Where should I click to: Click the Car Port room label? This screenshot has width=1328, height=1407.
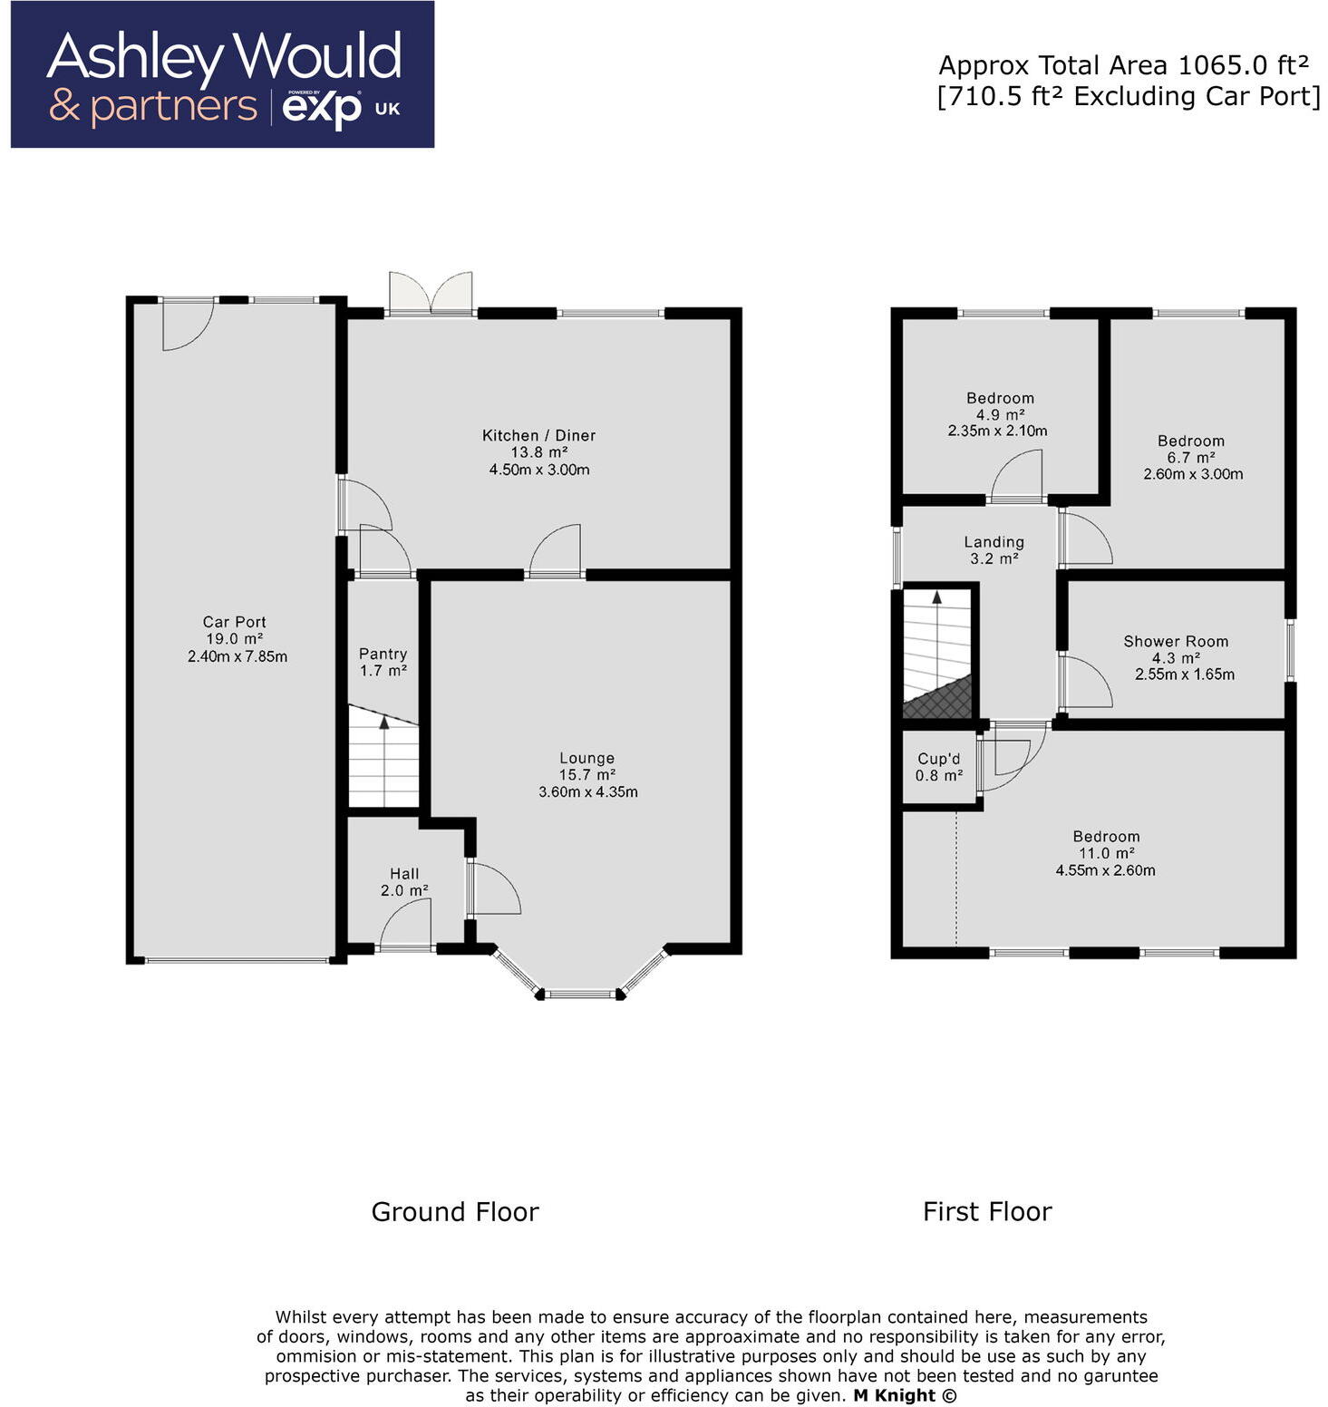[234, 622]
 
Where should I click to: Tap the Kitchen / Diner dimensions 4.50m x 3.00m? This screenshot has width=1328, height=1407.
[539, 470]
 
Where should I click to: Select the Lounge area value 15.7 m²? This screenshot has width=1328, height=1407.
[587, 775]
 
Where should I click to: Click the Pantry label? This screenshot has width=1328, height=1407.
[383, 654]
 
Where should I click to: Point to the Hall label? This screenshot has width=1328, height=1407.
[404, 874]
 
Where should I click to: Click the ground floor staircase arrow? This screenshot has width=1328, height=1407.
[384, 723]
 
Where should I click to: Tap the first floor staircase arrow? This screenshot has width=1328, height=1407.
[937, 597]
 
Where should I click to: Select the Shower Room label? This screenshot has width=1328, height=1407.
[1176, 641]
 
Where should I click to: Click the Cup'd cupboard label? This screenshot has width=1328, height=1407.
[938, 759]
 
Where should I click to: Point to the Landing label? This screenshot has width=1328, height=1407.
[994, 542]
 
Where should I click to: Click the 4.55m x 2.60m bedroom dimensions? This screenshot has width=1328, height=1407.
[1105, 870]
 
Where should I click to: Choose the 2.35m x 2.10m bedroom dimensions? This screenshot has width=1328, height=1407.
[997, 431]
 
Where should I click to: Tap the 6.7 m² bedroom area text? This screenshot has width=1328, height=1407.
[1190, 458]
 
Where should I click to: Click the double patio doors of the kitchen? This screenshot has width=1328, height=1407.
[431, 294]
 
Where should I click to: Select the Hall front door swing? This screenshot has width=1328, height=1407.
[405, 925]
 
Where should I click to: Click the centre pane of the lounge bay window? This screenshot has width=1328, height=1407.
[581, 994]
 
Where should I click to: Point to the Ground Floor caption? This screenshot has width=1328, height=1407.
[455, 1212]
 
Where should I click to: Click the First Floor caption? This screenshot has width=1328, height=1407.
[987, 1212]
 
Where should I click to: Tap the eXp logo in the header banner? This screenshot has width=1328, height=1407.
[322, 110]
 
